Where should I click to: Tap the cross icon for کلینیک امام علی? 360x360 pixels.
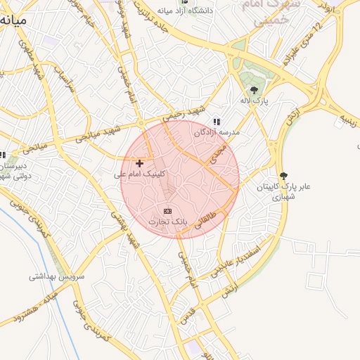139,163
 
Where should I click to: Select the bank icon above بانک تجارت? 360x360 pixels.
167,211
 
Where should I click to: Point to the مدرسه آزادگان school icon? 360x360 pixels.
217,122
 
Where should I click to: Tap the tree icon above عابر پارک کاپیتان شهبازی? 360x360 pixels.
283,175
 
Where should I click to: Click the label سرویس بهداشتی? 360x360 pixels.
56,276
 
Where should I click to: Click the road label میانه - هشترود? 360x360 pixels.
28,310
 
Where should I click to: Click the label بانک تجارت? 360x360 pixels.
168,222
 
